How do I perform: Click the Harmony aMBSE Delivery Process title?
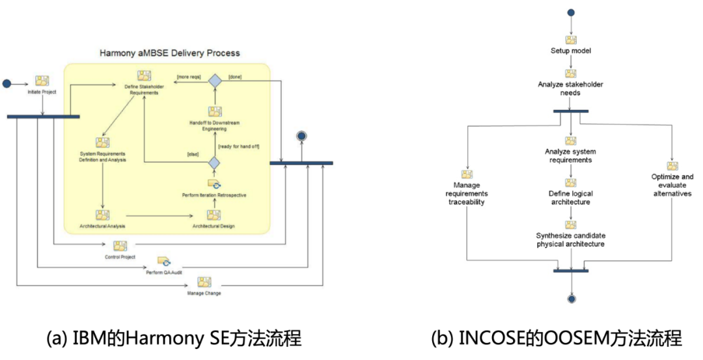[x=169, y=53]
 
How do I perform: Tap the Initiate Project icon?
[x=42, y=81]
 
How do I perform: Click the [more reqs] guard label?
[x=189, y=77]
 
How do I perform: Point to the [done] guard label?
[x=235, y=77]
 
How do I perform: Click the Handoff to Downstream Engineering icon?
[x=215, y=112]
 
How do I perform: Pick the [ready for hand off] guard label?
[x=239, y=146]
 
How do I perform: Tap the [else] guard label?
[x=192, y=154]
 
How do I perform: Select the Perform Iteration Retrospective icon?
[x=214, y=185]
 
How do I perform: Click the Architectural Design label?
[x=214, y=226]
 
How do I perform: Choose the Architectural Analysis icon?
[x=102, y=215]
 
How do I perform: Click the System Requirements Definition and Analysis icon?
[x=102, y=143]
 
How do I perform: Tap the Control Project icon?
[x=120, y=246]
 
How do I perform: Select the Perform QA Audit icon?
[x=163, y=261]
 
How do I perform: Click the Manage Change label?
[x=204, y=294]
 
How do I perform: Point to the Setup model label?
[x=571, y=51]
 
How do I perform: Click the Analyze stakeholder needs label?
[x=571, y=89]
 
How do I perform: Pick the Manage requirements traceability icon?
[x=467, y=174]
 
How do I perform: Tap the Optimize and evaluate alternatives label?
[x=672, y=185]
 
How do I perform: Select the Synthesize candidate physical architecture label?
[x=571, y=240]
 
